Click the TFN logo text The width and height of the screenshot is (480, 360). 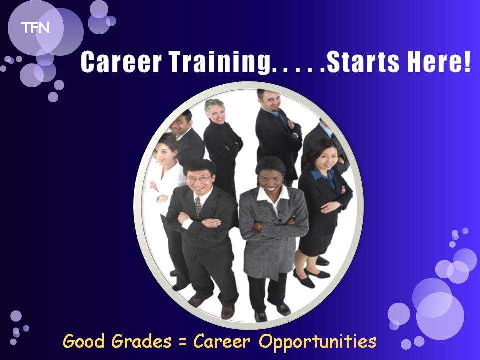point(35,28)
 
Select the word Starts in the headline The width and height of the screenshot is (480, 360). point(363,62)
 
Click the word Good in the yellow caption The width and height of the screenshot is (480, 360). point(83,341)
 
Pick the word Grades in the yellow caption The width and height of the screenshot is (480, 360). point(141,341)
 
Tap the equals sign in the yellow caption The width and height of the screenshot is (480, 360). point(183,342)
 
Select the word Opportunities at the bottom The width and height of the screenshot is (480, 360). point(318,342)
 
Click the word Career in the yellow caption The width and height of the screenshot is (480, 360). point(222,341)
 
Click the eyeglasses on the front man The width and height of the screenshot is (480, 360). point(198,179)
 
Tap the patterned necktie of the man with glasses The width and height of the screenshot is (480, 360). point(198,207)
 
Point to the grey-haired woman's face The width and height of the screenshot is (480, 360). point(216,113)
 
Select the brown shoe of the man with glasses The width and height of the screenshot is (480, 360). point(228,311)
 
